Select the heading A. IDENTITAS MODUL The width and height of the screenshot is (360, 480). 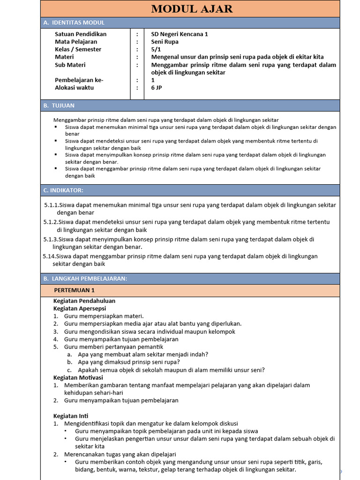point(74,22)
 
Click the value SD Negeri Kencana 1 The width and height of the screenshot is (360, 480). point(180,34)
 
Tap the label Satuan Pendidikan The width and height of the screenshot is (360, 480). point(81,34)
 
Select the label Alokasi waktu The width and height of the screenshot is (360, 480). point(74,88)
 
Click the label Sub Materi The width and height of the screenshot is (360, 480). point(70,65)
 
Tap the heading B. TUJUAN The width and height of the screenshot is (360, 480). point(59,105)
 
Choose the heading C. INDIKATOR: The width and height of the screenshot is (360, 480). point(63,190)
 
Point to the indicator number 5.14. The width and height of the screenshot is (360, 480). point(49,256)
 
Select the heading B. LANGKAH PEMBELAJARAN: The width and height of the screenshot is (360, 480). point(85,278)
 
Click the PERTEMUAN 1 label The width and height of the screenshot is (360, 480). point(74,291)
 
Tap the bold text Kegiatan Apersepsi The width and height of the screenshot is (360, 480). point(80,308)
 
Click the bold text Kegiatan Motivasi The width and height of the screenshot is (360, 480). point(78,377)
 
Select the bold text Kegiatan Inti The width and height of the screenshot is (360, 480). point(71,416)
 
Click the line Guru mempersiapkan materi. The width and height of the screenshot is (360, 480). point(104,316)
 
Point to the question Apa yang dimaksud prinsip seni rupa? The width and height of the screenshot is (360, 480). point(129,362)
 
